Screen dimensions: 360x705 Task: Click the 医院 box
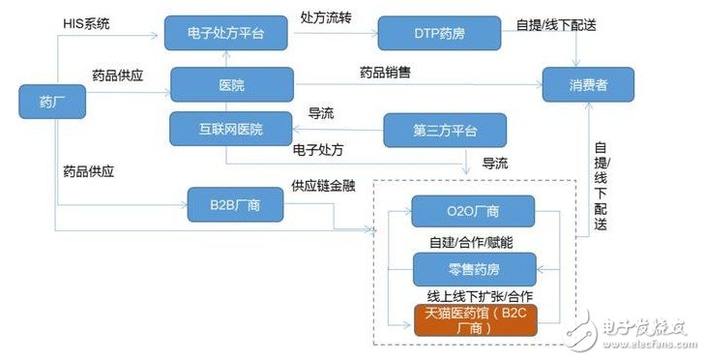[x=232, y=85]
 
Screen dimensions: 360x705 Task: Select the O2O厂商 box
[x=474, y=212]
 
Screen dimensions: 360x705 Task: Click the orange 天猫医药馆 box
[x=474, y=320]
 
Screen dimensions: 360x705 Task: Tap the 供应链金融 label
[x=322, y=186]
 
